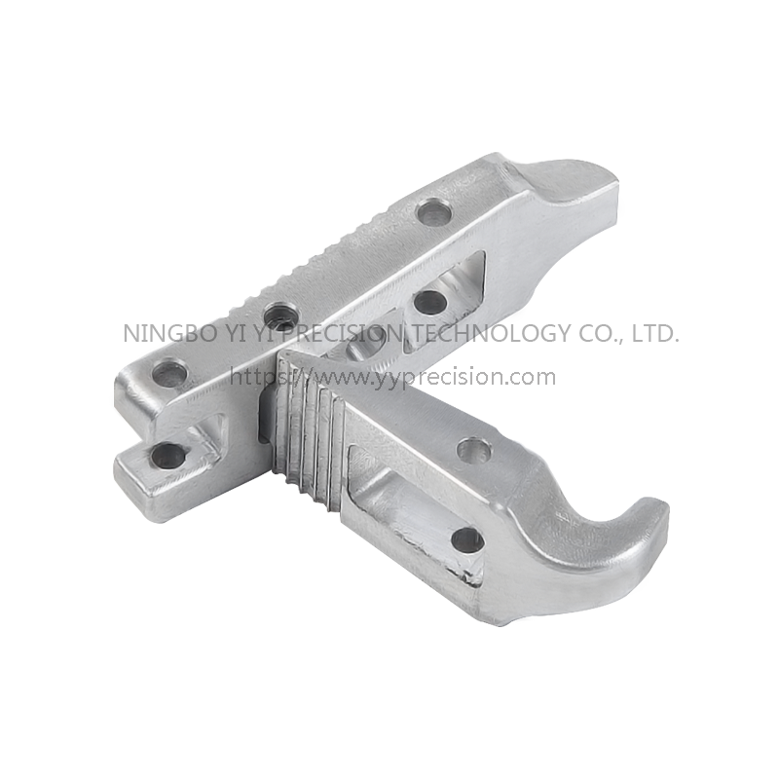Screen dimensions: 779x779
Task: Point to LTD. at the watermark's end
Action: click(654, 333)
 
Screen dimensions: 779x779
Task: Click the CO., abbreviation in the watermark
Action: click(601, 334)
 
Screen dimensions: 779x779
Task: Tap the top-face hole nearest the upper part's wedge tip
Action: click(433, 211)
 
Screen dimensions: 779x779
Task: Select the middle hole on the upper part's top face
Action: click(279, 315)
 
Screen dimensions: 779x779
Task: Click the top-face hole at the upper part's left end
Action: click(169, 372)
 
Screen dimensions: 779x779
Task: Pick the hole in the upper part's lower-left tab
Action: click(167, 455)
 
